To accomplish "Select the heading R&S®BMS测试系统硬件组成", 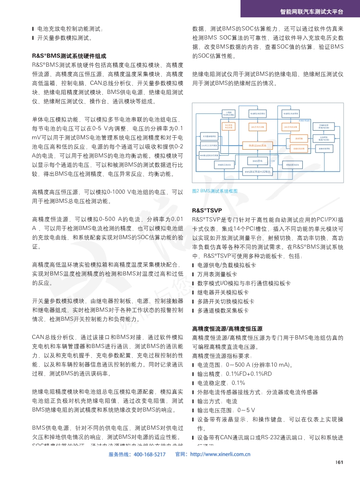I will click(69, 56).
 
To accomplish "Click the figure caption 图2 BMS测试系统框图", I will click(215, 191).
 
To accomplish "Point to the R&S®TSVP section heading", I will click(207, 211).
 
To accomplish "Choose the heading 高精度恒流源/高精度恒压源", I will click(227, 328).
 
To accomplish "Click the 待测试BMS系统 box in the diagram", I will click(257, 145).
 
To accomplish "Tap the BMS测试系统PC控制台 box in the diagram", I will click(257, 172).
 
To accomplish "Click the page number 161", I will click(339, 462).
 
